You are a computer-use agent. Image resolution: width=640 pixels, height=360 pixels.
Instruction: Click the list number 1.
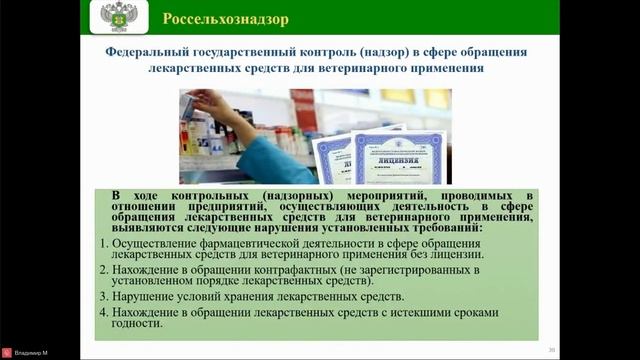[105, 243]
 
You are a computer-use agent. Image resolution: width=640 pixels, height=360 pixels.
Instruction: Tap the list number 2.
[105, 270]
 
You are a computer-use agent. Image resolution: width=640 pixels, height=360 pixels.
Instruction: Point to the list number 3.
[105, 297]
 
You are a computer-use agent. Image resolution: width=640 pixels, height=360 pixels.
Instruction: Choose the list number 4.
[105, 314]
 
